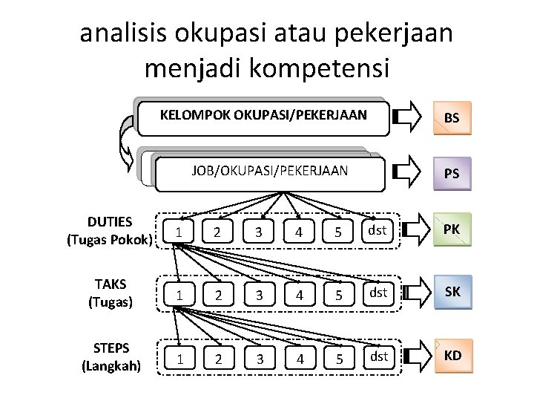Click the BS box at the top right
pyautogui.click(x=451, y=117)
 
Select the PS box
pyautogui.click(x=451, y=174)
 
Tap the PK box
pyautogui.click(x=451, y=230)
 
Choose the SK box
pyautogui.click(x=451, y=293)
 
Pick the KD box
pyautogui.click(x=451, y=355)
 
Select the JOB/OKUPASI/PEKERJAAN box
pyautogui.click(x=268, y=171)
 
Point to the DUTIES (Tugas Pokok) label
pyautogui.click(x=110, y=231)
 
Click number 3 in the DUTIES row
pyautogui.click(x=257, y=232)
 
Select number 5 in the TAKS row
pyautogui.click(x=337, y=295)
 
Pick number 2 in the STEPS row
pyautogui.click(x=217, y=359)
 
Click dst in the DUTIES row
pyautogui.click(x=378, y=230)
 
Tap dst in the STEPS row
pyautogui.click(x=378, y=356)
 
